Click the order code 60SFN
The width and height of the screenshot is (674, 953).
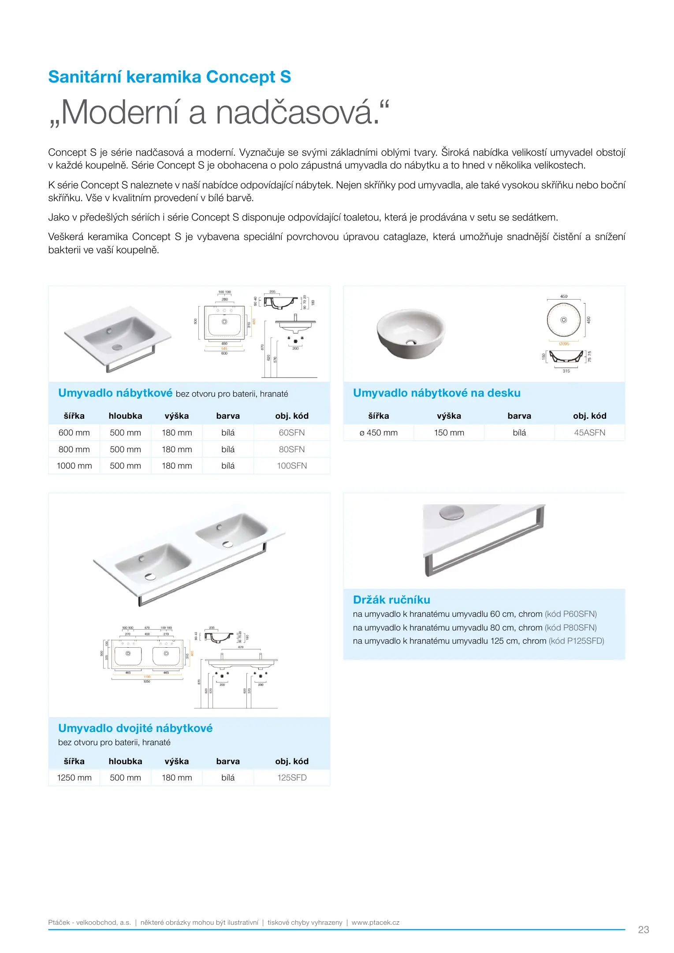tap(291, 432)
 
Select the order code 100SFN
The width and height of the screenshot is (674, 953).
tap(291, 465)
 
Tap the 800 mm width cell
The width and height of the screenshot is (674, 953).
tap(74, 449)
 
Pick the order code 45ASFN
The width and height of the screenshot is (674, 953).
tap(589, 432)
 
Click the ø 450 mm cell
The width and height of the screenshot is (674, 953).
tap(378, 432)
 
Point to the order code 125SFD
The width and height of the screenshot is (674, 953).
tap(291, 777)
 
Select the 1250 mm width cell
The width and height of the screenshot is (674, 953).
tap(74, 777)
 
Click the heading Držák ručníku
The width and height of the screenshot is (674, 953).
tap(391, 600)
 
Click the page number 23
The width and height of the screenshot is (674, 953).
tap(643, 930)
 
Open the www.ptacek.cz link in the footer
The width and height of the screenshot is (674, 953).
tap(375, 922)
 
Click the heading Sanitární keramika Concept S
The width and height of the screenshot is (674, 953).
tap(170, 77)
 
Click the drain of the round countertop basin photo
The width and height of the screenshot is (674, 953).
tap(411, 341)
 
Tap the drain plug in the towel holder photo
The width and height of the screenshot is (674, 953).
tap(452, 512)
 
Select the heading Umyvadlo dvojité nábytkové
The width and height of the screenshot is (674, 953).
tap(135, 728)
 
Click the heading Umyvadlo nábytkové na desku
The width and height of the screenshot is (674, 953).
tap(436, 393)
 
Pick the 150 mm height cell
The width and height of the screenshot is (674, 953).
tap(449, 432)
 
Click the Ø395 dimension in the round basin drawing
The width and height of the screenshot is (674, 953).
tap(564, 343)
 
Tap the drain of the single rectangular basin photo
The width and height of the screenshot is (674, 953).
tap(117, 346)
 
